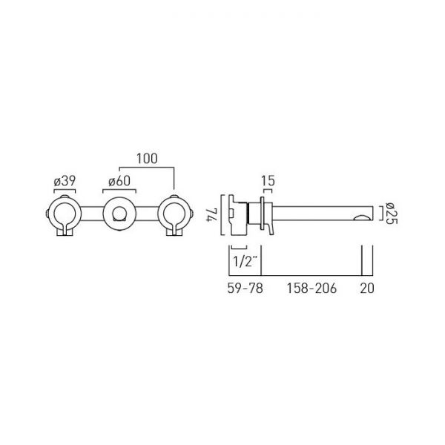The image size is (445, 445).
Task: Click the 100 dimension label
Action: click(x=147, y=159)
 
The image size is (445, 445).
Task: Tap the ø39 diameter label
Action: click(x=65, y=181)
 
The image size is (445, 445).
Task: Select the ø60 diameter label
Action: click(x=119, y=181)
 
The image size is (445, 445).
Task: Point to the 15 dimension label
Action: click(x=268, y=181)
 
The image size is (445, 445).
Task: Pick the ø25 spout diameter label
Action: click(x=391, y=213)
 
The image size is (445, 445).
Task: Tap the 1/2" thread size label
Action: click(x=243, y=261)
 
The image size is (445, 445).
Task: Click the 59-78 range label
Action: click(x=245, y=288)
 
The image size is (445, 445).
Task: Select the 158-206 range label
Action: click(x=311, y=288)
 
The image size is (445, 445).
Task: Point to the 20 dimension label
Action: click(x=367, y=288)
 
